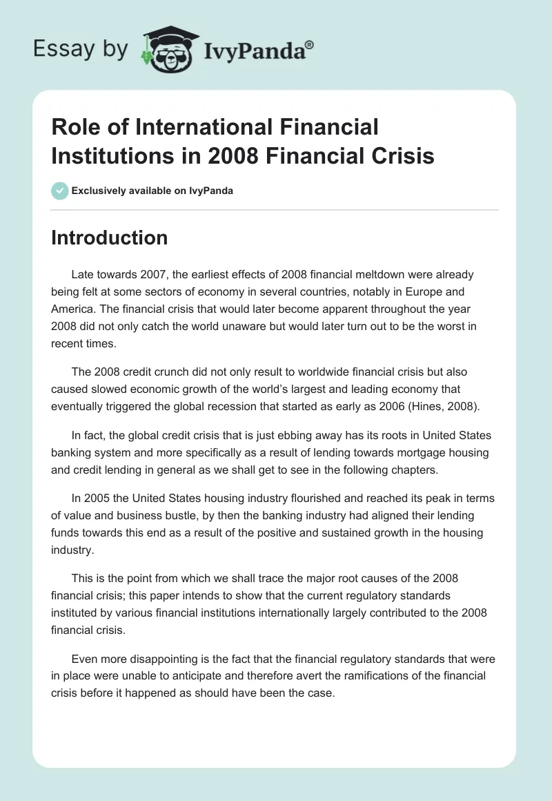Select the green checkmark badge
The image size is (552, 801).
point(60,191)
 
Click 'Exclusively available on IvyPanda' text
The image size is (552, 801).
point(152,191)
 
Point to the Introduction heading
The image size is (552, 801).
point(109,238)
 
